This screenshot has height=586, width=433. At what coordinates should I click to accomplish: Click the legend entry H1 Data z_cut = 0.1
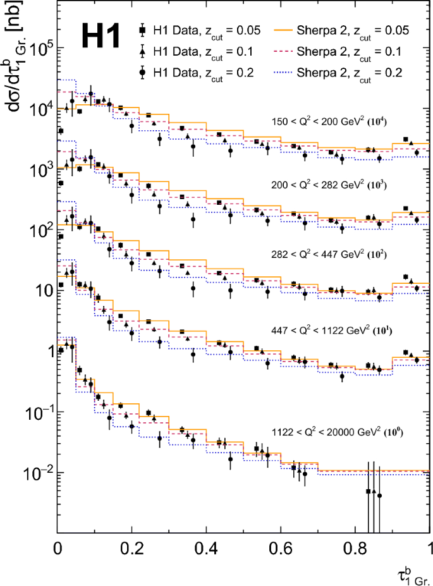coord(196,51)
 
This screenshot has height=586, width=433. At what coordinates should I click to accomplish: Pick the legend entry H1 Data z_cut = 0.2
coord(196,73)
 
